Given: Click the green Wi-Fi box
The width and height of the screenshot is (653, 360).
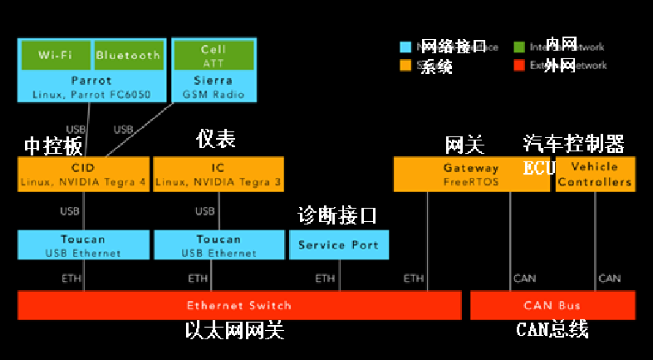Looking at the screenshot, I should pos(54,55).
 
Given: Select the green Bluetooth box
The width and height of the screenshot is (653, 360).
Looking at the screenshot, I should pos(128,55).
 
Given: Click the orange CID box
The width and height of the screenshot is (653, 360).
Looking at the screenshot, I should pos(83,174).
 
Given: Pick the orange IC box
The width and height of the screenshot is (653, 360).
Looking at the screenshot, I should pos(218,174).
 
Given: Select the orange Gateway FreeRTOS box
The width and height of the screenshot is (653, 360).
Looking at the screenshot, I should pos(471,174).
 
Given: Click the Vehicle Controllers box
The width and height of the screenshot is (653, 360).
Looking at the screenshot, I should pos(595,174).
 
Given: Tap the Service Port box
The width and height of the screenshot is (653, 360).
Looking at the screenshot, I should pos(338,244).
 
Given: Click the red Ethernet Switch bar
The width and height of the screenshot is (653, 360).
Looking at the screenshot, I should pos(239,305).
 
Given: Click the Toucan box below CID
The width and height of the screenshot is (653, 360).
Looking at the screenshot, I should pos(83,244).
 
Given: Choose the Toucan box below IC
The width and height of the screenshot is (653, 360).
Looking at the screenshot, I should pos(218,244).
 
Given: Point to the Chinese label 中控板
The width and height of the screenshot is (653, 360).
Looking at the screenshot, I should pos(53,146).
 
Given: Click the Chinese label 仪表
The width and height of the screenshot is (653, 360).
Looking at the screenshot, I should pos(216,138).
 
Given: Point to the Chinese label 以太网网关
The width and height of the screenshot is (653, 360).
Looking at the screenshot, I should pos(235,331).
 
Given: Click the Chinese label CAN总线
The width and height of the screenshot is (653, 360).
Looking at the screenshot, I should pos(552,331).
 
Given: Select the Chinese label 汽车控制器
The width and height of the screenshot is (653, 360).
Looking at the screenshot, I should pos(573,144).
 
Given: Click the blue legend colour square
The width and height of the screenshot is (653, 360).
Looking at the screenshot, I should pos(405,47).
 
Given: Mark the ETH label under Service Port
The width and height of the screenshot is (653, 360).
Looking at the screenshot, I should pos(326,278).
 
